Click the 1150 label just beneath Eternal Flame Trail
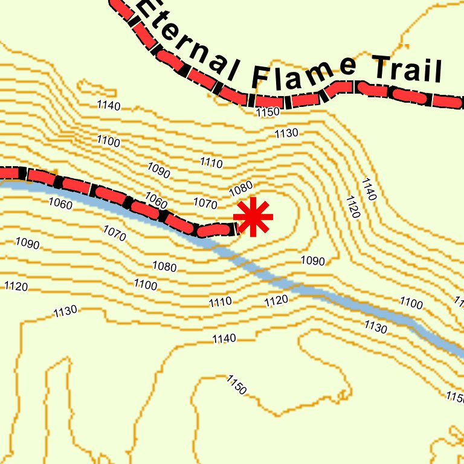[x=268, y=112]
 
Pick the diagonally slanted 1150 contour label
[x=236, y=385]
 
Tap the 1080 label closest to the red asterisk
[x=240, y=189]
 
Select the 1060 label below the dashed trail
[x=60, y=204]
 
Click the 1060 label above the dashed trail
[x=156, y=200]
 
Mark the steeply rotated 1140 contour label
[x=369, y=189]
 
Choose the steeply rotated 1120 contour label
[x=353, y=207]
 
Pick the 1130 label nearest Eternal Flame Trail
[x=286, y=133]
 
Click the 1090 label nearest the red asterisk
[x=312, y=261]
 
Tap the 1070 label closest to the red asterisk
[x=205, y=202]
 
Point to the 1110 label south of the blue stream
[x=221, y=301]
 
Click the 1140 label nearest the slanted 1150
[x=224, y=338]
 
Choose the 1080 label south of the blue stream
[x=164, y=266]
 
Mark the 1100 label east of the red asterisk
[x=411, y=303]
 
